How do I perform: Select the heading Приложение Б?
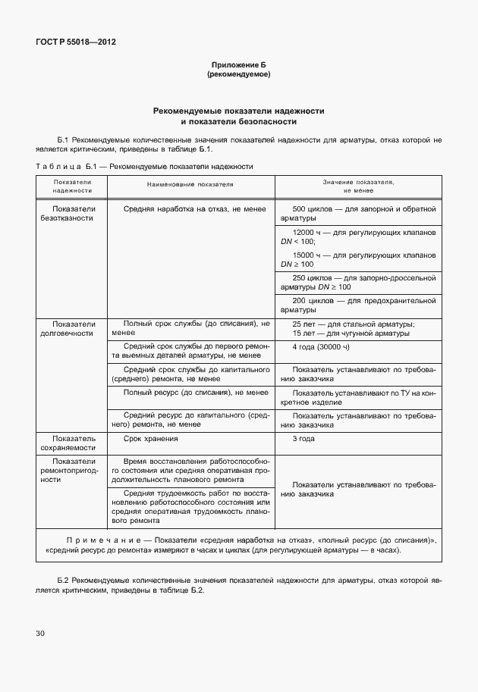[238, 66]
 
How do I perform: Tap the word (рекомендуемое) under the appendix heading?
[238, 75]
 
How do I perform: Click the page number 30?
[40, 632]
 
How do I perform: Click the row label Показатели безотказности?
[72, 213]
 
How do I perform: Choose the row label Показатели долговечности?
[72, 328]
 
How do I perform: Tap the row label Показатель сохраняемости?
[72, 443]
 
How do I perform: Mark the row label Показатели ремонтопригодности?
[72, 470]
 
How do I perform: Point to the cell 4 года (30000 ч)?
[321, 346]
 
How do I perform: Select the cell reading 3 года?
[303, 439]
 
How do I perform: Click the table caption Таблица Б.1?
[64, 165]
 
